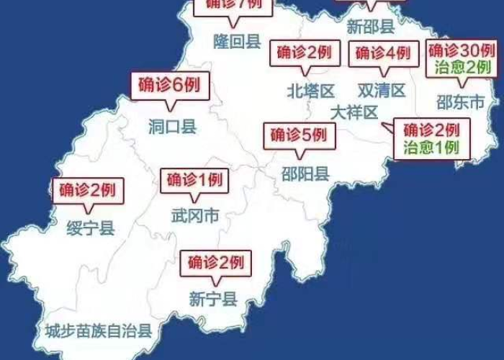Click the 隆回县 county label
click(237, 41)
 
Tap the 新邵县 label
click(370, 27)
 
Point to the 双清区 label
click(382, 91)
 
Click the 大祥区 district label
click(354, 113)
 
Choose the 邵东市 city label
click(461, 102)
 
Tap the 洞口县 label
click(172, 127)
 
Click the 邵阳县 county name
click(305, 173)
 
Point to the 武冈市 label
click(194, 215)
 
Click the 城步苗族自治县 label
click(98, 331)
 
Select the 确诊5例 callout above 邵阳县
click(298, 135)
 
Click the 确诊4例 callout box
click(382, 53)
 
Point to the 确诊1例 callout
click(194, 179)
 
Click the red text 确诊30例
click(461, 50)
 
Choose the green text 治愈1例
click(430, 148)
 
